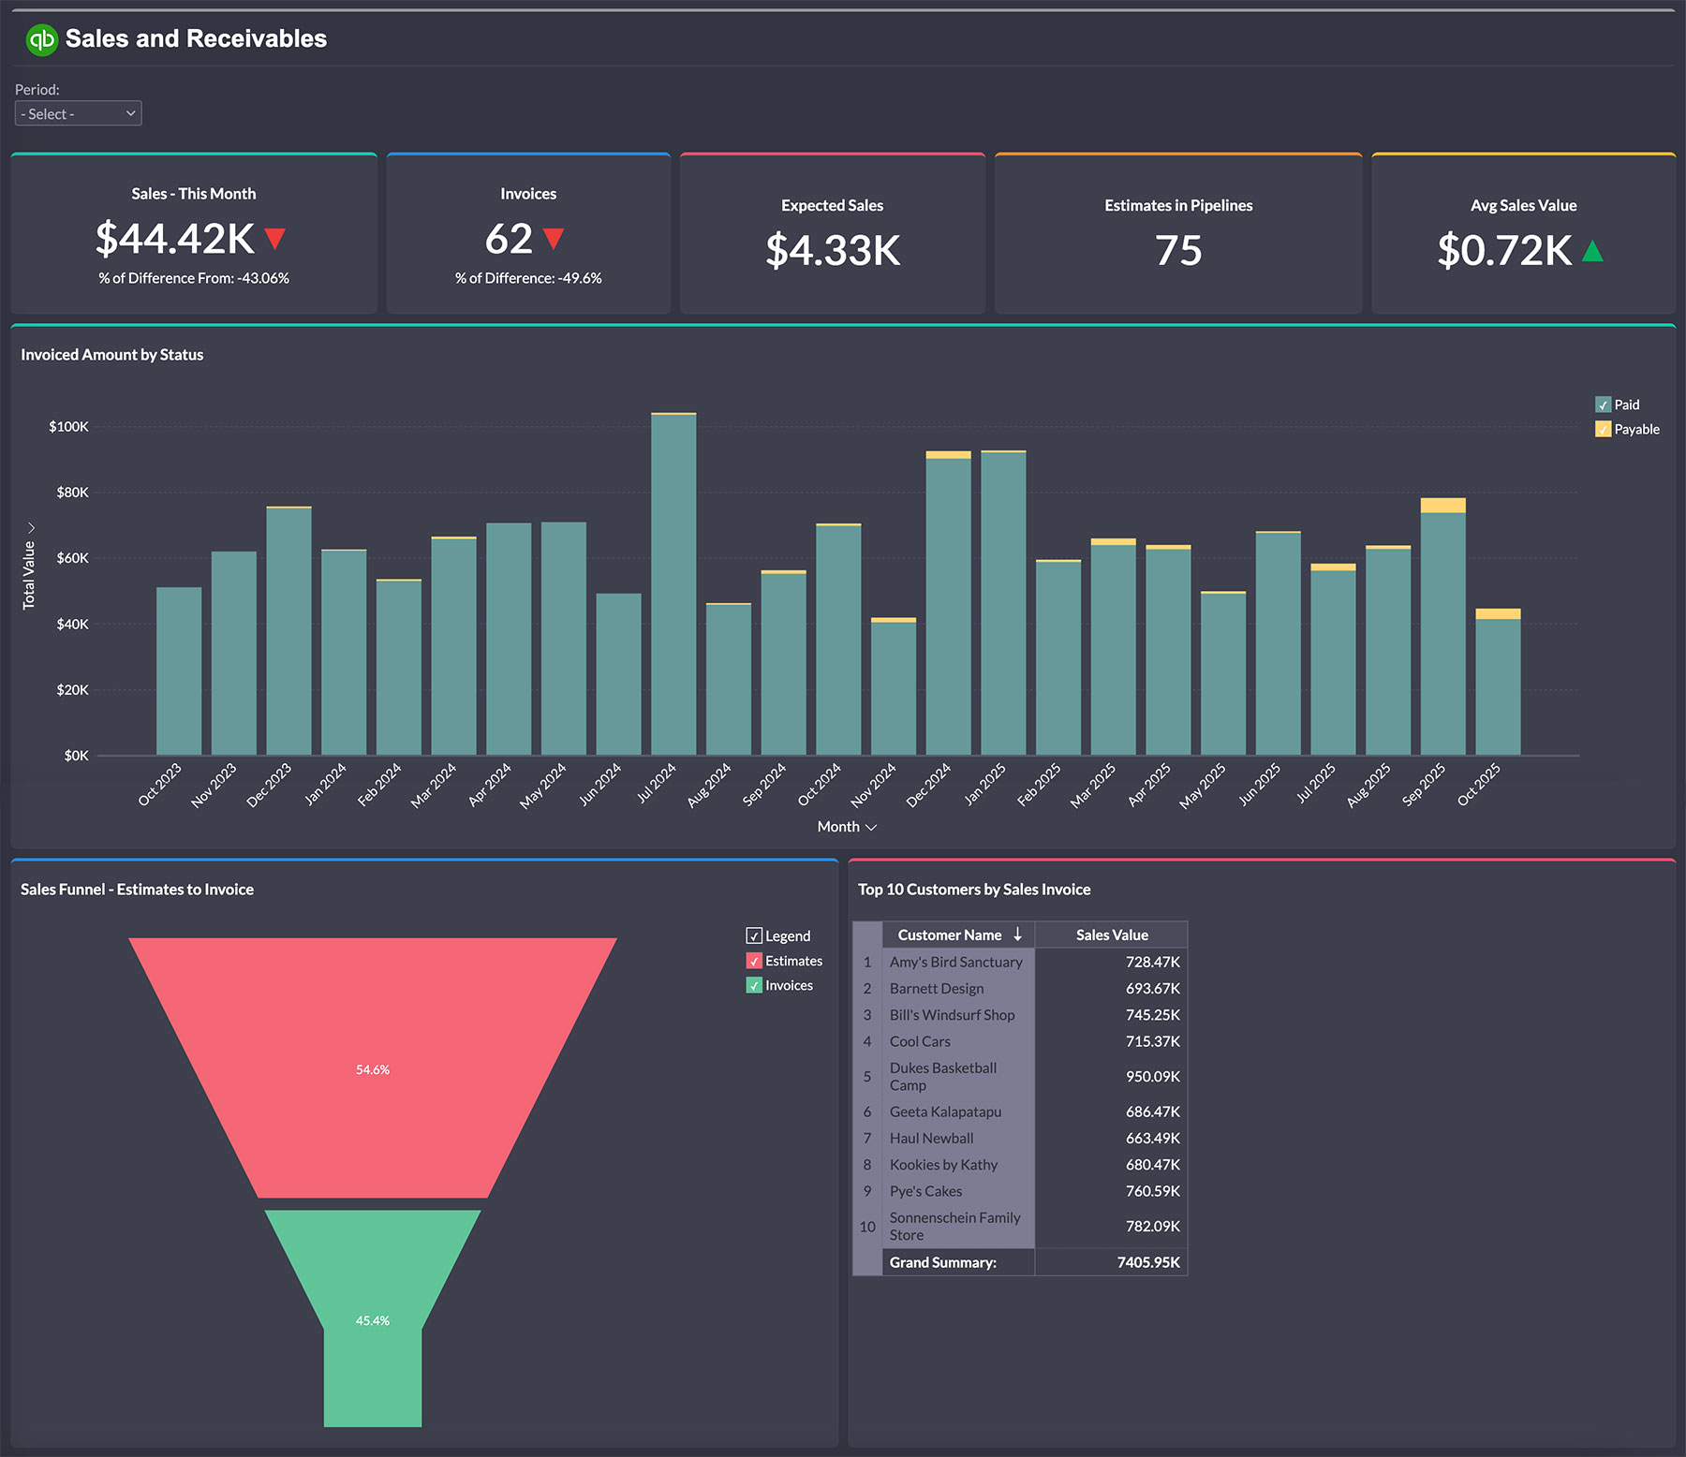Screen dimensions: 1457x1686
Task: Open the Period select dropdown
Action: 79,113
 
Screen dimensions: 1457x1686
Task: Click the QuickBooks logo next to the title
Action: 41,39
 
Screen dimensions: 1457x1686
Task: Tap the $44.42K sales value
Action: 175,239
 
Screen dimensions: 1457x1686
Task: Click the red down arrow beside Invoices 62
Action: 554,239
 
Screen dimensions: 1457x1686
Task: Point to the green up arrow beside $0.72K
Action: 1592,251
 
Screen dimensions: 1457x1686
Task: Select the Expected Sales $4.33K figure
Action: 833,250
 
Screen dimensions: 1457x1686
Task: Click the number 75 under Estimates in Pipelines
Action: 1177,250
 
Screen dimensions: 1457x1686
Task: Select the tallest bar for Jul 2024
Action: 673,581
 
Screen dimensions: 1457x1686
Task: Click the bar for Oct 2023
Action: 179,670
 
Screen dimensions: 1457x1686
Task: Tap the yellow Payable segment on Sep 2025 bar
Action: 1442,506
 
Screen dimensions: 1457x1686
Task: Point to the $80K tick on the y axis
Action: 72,493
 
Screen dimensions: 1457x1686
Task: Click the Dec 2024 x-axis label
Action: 928,785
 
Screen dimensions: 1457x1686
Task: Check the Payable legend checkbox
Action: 1603,429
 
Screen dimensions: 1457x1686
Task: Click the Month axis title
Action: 838,827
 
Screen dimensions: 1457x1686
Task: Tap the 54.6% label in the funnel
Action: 373,1069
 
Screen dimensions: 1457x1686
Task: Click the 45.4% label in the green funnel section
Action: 373,1320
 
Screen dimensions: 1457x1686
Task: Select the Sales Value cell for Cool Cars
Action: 1152,1041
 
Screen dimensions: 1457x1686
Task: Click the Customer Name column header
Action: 950,935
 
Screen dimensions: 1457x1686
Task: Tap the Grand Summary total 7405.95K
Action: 1147,1262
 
